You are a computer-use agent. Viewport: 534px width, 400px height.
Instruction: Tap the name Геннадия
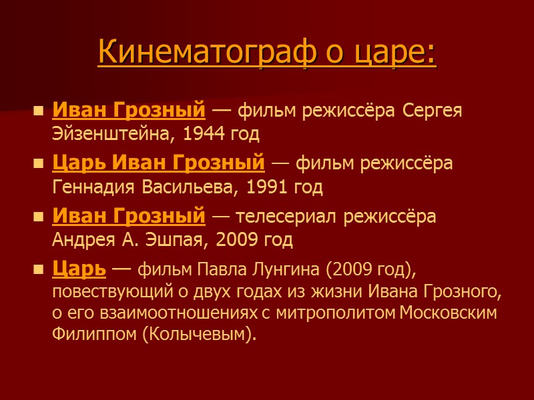point(95,187)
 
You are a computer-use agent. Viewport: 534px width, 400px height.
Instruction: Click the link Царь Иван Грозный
point(158,162)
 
